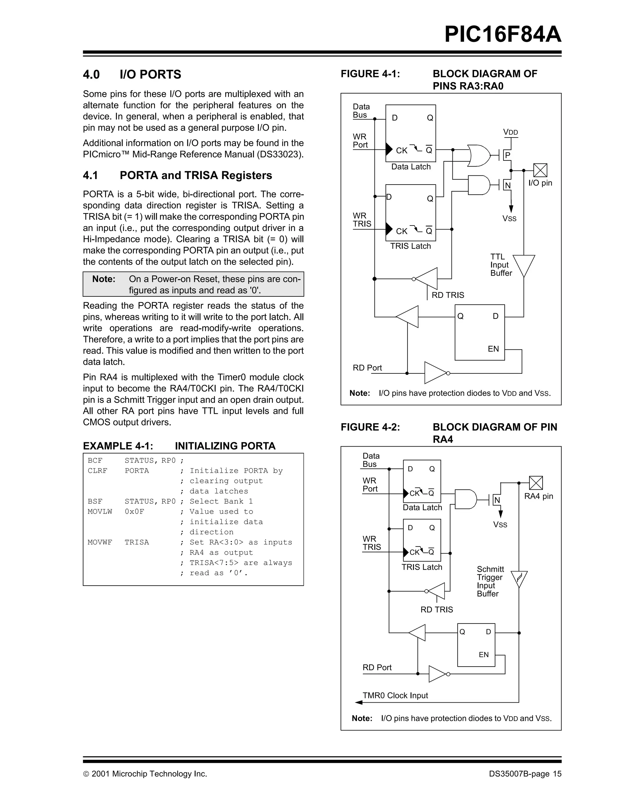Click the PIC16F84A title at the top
click(502, 35)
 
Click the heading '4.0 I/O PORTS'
click(132, 75)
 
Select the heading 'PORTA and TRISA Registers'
click(196, 175)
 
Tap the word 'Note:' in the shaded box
click(104, 279)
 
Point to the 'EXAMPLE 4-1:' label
click(118, 446)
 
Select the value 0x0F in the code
click(134, 512)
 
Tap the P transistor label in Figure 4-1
click(507, 156)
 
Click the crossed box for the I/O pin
click(540, 171)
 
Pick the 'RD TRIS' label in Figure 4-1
click(448, 295)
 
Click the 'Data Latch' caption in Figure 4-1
click(411, 167)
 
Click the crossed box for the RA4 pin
click(536, 483)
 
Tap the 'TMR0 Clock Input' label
click(395, 696)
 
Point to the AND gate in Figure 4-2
click(466, 499)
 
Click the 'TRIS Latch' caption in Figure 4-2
click(422, 567)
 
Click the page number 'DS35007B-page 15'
click(525, 774)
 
